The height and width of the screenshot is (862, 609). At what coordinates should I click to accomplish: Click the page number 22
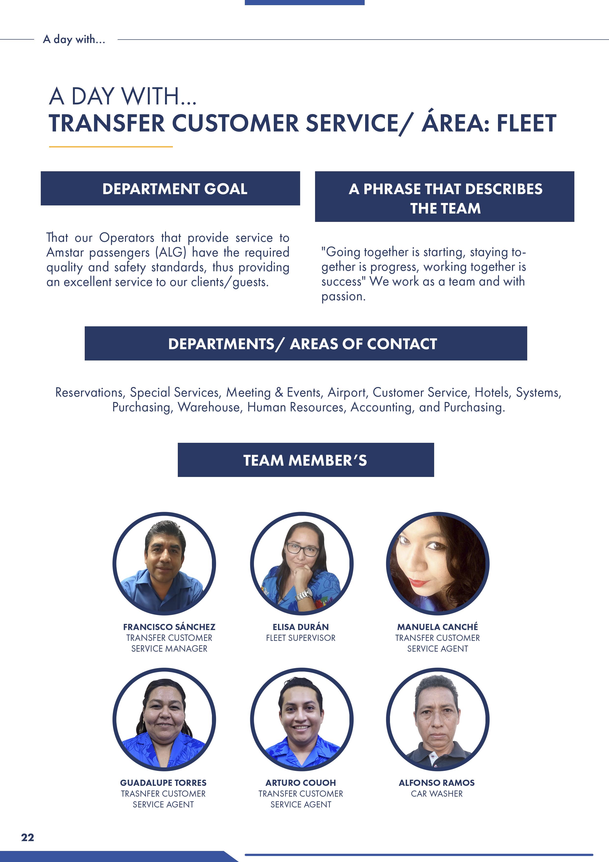(28, 837)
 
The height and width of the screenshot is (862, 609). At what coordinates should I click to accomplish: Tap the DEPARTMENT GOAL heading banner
(170, 188)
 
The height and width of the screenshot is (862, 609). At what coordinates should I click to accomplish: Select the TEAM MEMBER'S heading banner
(305, 460)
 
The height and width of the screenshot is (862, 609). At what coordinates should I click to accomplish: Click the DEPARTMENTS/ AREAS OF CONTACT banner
(305, 344)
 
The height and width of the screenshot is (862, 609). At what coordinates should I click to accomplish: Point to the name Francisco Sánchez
(169, 627)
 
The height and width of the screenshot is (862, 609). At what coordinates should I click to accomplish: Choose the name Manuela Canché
(438, 627)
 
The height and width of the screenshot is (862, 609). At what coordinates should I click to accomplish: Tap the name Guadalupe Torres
(163, 783)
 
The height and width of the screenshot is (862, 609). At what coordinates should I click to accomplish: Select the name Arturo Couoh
(301, 783)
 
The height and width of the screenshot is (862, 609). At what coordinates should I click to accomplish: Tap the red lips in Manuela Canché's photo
(419, 583)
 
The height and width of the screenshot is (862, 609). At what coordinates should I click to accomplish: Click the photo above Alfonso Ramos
(438, 719)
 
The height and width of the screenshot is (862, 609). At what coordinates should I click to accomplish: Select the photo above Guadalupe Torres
(164, 719)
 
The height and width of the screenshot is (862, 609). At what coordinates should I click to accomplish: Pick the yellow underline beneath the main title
(111, 147)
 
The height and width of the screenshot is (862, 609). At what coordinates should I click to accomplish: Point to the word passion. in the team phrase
(343, 297)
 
